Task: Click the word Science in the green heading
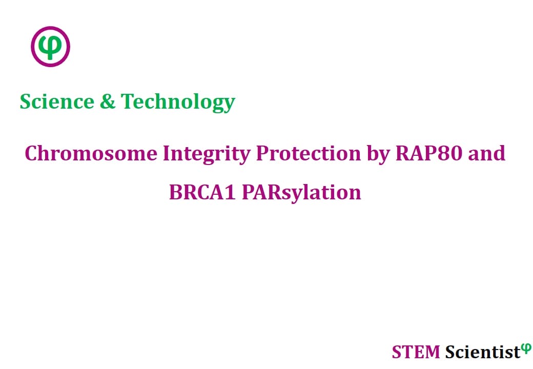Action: (57, 101)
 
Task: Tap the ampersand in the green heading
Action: (108, 101)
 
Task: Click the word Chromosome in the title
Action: (91, 153)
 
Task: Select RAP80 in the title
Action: (429, 153)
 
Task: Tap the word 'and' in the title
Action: (487, 153)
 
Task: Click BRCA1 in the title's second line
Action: (202, 192)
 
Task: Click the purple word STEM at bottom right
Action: (416, 352)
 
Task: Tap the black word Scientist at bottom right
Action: (483, 352)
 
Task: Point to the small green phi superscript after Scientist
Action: (526, 348)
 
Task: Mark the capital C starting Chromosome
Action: (32, 154)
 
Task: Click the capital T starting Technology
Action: (128, 101)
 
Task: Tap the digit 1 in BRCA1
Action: (231, 193)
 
